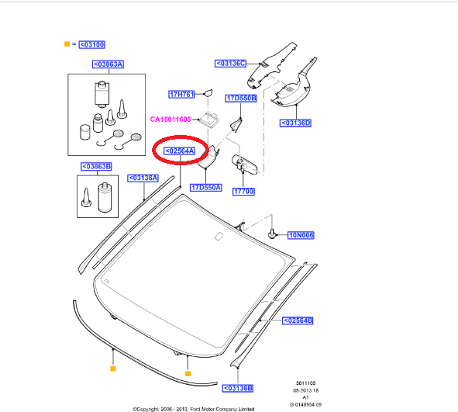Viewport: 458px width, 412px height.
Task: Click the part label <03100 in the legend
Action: pos(91,45)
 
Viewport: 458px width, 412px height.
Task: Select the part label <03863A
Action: pos(108,64)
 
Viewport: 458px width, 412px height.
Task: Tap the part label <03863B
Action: pos(96,166)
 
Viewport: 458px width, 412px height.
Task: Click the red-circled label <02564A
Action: pos(180,151)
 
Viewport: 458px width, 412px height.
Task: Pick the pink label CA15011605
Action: pos(170,119)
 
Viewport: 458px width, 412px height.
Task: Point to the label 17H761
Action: pos(181,94)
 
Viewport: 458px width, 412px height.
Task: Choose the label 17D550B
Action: pos(241,99)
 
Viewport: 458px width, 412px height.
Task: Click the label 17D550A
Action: pos(206,188)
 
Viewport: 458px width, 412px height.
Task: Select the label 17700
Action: pos(243,192)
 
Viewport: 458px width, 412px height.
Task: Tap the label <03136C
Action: pos(230,64)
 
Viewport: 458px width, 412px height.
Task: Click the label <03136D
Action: pos(295,123)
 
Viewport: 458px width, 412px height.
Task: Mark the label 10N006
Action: pos(301,235)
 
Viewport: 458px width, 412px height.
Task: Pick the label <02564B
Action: pos(298,320)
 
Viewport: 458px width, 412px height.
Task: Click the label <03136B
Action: pos(238,388)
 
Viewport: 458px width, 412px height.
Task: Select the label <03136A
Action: pos(143,178)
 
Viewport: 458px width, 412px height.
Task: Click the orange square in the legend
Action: pos(67,44)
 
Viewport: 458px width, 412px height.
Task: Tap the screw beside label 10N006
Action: pos(272,234)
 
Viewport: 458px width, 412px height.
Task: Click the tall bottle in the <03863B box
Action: pos(105,197)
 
